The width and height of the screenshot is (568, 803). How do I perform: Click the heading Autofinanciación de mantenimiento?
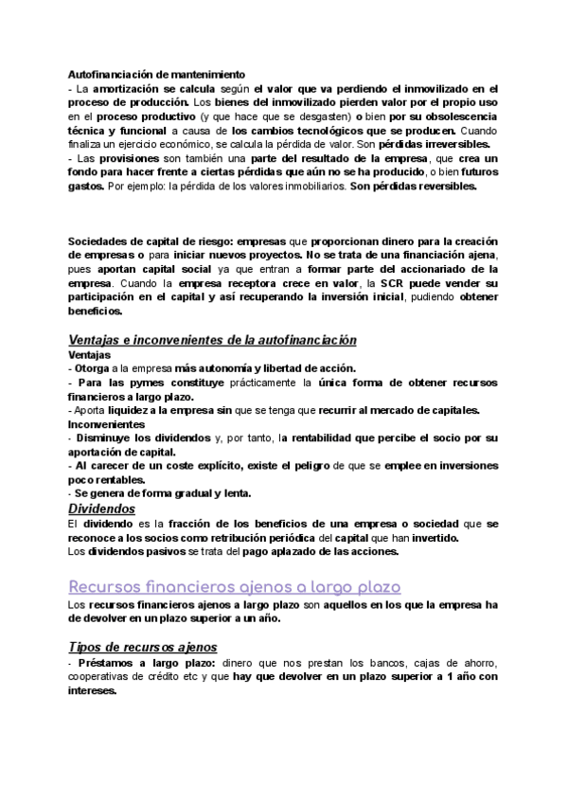156,73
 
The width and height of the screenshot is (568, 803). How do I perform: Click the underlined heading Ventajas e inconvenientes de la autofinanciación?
213,340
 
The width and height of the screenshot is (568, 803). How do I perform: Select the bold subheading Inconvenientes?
106,424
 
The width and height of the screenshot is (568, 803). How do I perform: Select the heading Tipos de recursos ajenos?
143,647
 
